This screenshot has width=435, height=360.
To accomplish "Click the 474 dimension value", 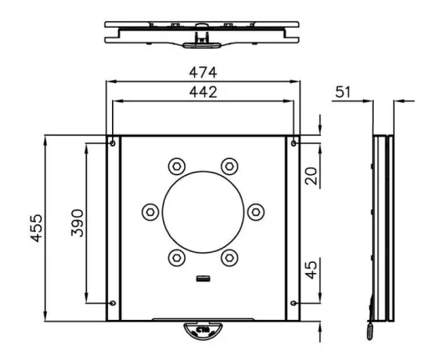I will (202, 71).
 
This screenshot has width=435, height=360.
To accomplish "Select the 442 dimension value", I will (202, 91).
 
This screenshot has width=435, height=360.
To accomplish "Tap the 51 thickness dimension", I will (342, 91).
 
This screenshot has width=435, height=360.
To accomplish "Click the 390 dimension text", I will (76, 224).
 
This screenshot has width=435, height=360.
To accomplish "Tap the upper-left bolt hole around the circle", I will (176, 165).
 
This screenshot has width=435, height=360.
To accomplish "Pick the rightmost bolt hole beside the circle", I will (257, 211).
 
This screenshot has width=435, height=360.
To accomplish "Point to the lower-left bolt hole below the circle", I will (176, 257).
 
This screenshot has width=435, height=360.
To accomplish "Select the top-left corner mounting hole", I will (113, 143).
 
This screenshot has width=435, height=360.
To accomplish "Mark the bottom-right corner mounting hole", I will (293, 302).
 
